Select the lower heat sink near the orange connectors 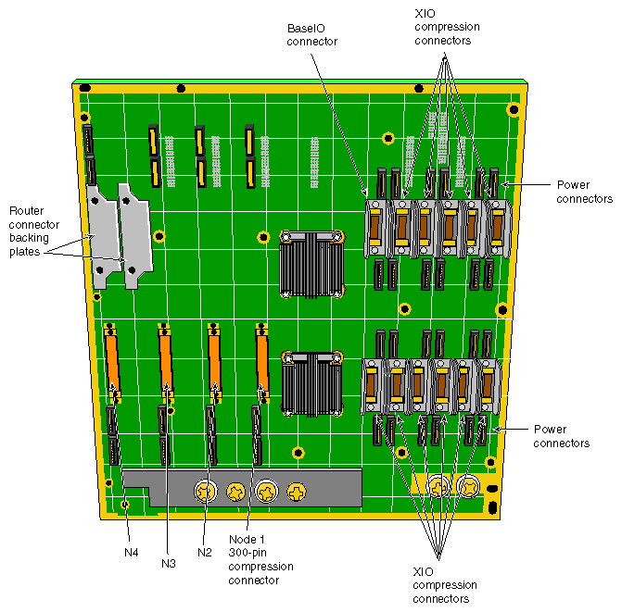311,381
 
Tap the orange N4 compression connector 112,361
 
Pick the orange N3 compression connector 166,361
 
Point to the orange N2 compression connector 214,361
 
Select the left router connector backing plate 100,237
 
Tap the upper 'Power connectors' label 584,192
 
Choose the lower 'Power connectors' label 562,436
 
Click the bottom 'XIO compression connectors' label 445,585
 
